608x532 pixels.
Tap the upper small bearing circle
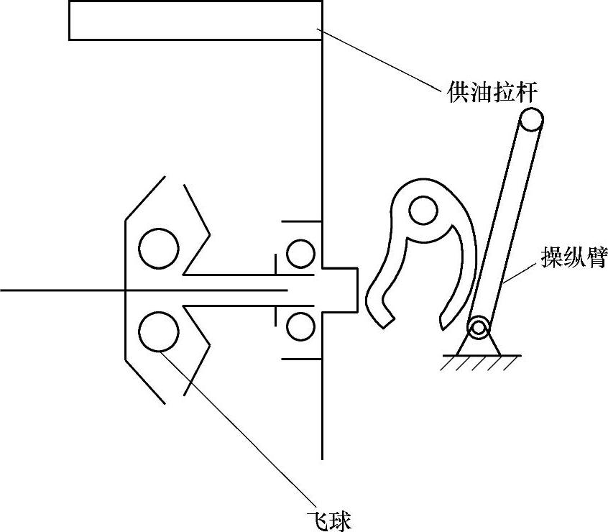[300, 253]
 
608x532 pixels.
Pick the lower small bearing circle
[300, 327]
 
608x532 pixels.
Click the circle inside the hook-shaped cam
[423, 211]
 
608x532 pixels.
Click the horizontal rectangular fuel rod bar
[194, 20]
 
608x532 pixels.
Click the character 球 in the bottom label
[340, 518]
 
